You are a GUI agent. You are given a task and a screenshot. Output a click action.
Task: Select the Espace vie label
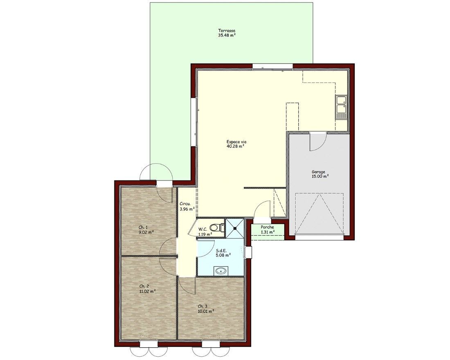pos(236,142)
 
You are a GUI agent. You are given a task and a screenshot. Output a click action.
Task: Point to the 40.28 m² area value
pos(235,146)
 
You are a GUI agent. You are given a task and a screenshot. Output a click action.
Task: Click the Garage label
pos(319,172)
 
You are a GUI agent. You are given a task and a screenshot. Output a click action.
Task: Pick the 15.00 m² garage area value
pos(320,177)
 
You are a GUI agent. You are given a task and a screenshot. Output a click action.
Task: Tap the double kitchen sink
pos(341,108)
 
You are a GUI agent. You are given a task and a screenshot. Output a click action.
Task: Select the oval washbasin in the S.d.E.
pos(220,270)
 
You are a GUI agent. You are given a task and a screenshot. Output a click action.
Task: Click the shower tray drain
pos(235,229)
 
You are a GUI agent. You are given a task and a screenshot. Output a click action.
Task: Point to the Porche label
pos(268,227)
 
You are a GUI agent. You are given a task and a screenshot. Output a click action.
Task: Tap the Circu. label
pos(185,204)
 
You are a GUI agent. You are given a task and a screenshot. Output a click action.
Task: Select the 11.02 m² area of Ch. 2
pos(147,291)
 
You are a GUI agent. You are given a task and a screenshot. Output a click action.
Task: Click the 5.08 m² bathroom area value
pos(223,254)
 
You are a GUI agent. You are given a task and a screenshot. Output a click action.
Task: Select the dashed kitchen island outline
pos(292,116)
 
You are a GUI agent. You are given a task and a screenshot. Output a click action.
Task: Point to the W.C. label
pos(203,229)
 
